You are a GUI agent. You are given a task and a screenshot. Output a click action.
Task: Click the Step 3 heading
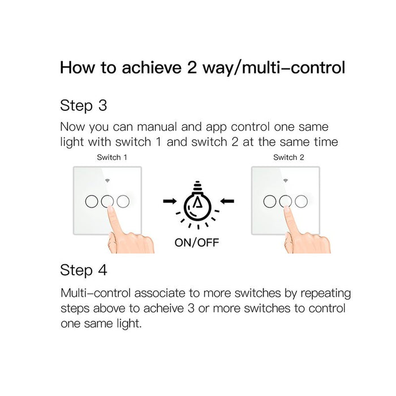[84, 106]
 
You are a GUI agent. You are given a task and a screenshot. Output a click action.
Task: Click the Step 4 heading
[84, 270]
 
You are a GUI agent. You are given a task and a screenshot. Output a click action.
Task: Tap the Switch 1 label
[112, 157]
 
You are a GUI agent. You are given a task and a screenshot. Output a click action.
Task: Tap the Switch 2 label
[289, 157]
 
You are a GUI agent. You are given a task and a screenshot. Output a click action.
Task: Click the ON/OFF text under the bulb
[197, 243]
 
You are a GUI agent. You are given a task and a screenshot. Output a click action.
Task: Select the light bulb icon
[197, 204]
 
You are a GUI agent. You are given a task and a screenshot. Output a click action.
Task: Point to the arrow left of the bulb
[170, 201]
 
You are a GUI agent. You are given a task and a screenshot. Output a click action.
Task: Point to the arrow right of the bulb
[227, 201]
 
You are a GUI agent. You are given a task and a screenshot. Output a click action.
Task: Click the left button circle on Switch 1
[92, 201]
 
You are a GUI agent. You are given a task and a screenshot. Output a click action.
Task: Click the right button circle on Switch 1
[123, 201]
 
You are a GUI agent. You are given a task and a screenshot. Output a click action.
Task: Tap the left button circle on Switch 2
[270, 201]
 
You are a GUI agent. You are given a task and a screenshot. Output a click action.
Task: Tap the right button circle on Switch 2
[302, 201]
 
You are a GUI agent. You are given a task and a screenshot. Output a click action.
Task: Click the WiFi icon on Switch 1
[107, 180]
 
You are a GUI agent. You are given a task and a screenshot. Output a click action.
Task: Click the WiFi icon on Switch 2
[286, 180]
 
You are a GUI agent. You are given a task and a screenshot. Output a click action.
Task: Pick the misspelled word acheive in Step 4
[163, 308]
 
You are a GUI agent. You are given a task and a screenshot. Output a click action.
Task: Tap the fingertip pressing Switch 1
[110, 209]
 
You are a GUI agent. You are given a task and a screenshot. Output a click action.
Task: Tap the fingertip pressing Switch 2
[287, 209]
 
